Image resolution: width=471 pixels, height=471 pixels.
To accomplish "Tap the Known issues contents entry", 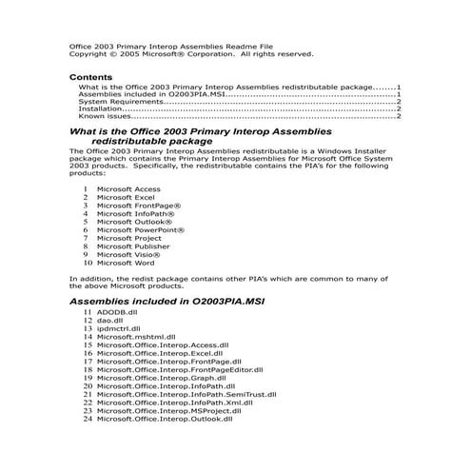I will coord(105,117).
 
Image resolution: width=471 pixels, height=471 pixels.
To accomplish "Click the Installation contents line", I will coord(101,109).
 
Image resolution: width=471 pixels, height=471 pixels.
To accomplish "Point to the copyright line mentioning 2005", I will coord(190,54).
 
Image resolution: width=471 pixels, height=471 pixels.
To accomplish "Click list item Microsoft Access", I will coord(128,188).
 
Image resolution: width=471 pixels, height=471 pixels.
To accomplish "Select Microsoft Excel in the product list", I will coord(126,197).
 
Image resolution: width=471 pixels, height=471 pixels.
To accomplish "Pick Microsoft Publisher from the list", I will coord(133,245).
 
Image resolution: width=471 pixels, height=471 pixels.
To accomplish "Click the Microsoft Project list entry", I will coord(130,238).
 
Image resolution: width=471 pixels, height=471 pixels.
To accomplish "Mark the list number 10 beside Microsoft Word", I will coord(88,262).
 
